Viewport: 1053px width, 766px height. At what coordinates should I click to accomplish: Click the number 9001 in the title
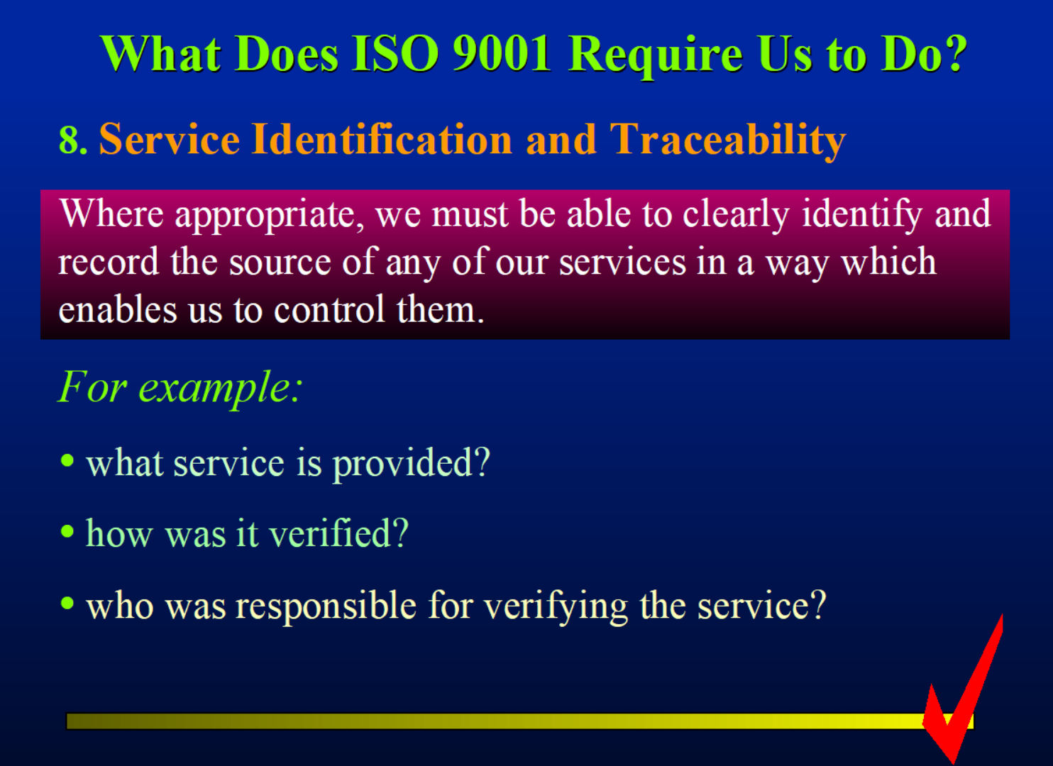(501, 54)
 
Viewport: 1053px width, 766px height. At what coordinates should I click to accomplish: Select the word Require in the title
(656, 57)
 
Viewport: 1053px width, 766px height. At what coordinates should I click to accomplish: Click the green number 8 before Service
(70, 140)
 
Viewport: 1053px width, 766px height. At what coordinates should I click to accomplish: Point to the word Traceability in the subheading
(728, 141)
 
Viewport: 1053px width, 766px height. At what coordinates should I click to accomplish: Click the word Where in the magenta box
(111, 213)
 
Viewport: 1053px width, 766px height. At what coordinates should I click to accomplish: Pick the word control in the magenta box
(329, 309)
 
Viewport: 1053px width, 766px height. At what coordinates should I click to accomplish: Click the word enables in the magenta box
(118, 309)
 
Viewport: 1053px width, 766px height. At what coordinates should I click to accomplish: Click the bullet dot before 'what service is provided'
(67, 461)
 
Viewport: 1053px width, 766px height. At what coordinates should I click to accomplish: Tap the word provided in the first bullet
(412, 465)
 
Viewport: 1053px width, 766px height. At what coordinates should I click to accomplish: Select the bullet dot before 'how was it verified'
(67, 531)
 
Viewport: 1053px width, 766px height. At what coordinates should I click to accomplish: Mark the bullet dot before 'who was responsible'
(67, 602)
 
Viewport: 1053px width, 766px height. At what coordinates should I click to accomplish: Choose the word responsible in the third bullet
(326, 606)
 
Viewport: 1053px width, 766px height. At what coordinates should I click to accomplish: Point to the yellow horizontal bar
(520, 721)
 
